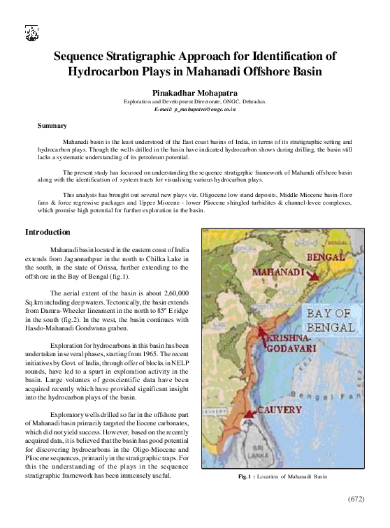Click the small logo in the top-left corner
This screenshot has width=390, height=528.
pos(31,32)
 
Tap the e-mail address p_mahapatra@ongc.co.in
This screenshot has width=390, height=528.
pos(195,110)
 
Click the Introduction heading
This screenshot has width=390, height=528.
pos(48,231)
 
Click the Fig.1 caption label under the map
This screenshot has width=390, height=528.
pos(244,477)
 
